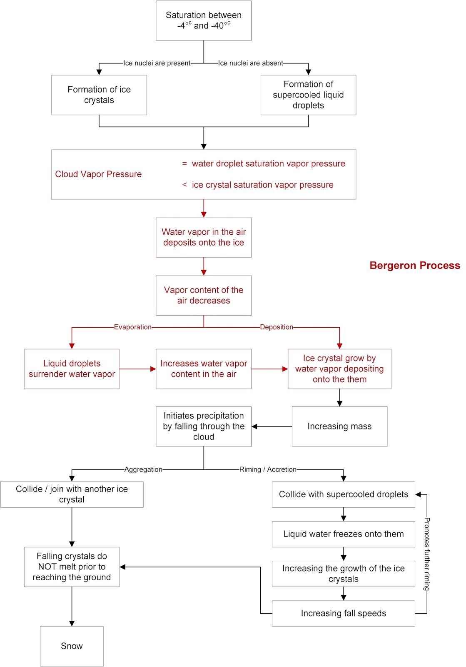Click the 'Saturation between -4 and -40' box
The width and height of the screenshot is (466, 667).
click(203, 20)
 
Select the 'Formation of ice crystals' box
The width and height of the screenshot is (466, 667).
click(99, 95)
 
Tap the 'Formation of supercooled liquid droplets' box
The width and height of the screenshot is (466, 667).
click(308, 95)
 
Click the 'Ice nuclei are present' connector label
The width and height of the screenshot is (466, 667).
click(157, 63)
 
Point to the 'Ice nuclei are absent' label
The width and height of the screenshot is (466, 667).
click(250, 63)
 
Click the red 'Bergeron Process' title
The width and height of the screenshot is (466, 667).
click(415, 266)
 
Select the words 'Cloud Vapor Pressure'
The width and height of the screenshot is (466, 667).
click(98, 174)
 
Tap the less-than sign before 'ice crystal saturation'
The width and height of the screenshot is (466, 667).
click(184, 185)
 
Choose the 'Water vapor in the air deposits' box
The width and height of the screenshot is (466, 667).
click(203, 237)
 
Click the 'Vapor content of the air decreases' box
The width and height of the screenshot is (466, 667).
click(203, 295)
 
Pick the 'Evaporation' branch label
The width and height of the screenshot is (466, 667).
click(132, 327)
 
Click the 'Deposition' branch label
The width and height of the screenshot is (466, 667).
click(277, 327)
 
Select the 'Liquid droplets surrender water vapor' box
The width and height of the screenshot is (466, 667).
click(72, 369)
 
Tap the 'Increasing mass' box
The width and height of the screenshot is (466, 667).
click(339, 426)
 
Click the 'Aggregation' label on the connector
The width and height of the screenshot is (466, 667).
click(143, 469)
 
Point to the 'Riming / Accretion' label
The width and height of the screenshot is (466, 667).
click(268, 469)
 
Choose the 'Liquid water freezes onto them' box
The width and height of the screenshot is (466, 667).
click(343, 534)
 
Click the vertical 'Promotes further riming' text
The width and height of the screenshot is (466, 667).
click(427, 554)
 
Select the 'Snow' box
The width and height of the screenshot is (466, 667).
click(72, 646)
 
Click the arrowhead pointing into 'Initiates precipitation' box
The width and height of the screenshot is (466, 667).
click(255, 426)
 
